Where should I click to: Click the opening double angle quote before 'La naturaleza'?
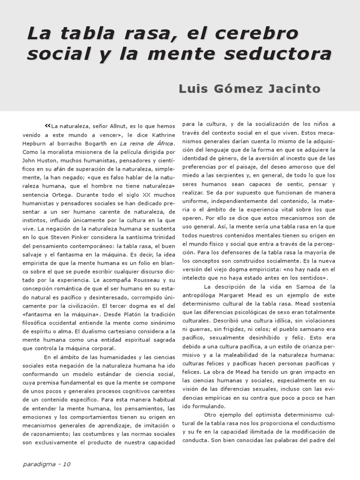[47, 126]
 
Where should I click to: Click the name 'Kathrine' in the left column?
[163, 135]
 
